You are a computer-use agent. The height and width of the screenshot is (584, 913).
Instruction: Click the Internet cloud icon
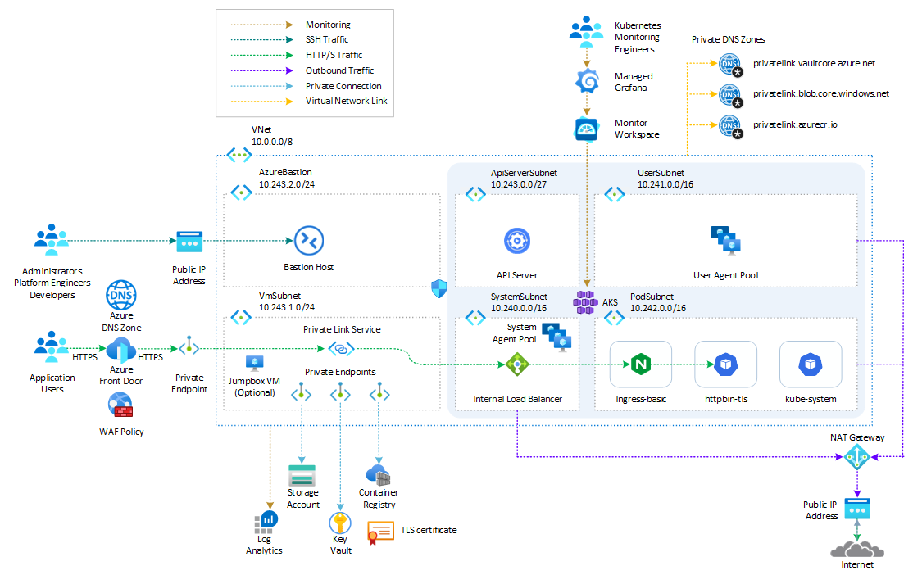(857, 547)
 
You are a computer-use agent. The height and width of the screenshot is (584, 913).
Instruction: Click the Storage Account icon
(302, 476)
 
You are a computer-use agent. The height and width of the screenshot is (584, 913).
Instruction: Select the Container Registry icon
(378, 475)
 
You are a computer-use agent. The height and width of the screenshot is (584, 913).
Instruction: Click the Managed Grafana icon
(586, 82)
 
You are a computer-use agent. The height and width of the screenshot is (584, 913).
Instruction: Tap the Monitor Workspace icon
(586, 129)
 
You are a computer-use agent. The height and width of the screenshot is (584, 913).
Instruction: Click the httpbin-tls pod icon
(725, 364)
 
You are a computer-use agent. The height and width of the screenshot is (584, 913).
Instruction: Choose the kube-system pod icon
(811, 364)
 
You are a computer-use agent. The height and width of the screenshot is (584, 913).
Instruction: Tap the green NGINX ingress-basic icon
(640, 364)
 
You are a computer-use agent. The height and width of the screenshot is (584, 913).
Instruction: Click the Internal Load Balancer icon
(517, 364)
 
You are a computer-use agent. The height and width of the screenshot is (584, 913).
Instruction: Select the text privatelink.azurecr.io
(795, 124)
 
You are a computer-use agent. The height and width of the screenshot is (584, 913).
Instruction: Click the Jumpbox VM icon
(254, 363)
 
